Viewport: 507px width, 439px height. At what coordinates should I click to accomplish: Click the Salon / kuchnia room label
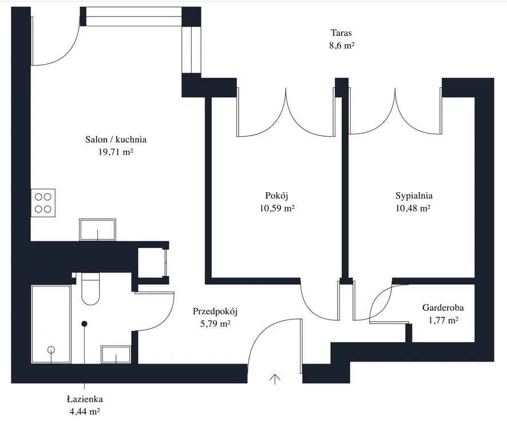116,139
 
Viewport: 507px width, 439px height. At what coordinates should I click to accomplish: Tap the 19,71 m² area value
116,152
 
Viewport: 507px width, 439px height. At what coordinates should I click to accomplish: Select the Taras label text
341,33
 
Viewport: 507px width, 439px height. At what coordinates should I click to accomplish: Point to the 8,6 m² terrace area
341,45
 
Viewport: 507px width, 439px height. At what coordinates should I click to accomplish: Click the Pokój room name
276,195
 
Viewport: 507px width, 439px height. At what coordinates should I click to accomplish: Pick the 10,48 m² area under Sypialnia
413,209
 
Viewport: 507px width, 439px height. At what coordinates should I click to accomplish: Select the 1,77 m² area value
443,321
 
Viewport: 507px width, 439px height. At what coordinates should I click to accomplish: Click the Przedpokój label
215,312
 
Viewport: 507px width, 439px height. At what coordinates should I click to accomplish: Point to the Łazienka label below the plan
84,400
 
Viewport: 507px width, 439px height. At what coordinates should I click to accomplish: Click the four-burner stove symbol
43,202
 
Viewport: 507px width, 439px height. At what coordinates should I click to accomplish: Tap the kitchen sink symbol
97,230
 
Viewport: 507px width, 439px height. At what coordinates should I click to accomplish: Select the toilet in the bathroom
91,289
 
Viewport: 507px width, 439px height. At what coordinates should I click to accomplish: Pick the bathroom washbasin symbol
116,354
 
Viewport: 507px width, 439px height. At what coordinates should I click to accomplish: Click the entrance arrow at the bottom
275,378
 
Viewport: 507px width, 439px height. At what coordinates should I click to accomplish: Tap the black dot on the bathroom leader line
85,324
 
